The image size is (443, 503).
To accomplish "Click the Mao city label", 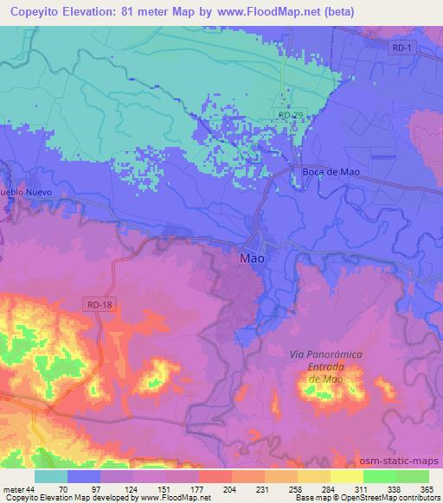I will tap(251, 258).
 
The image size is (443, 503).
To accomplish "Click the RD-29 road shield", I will tap(290, 114).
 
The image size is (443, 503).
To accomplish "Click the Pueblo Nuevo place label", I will tap(26, 192).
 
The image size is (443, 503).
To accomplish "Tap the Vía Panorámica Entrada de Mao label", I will tap(327, 367).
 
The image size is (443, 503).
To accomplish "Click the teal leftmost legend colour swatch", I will tap(51, 476).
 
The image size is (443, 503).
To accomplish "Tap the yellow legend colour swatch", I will tap(346, 476).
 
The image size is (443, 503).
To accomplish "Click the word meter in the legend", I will tap(12, 488).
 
